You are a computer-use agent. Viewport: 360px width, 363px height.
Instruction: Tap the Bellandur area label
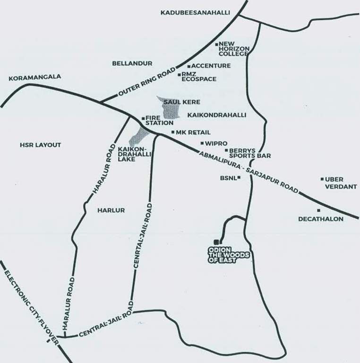[132, 63]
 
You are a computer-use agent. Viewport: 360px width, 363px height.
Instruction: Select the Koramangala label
[34, 77]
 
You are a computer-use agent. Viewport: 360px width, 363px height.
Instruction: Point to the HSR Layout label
[41, 145]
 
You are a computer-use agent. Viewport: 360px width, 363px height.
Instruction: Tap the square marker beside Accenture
[189, 66]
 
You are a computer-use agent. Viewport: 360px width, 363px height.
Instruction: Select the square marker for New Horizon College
[216, 44]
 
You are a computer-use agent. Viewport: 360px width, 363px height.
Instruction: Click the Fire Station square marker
[143, 118]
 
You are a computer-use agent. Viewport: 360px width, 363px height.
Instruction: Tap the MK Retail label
[193, 132]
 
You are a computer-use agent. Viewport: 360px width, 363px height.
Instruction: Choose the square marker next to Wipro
[202, 143]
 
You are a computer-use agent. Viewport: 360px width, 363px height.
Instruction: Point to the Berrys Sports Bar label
[249, 152]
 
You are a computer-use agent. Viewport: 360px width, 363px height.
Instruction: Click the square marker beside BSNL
[239, 178]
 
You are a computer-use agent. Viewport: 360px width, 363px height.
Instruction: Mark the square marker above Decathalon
[319, 210]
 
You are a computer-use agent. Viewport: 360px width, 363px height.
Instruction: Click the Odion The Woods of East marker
[216, 242]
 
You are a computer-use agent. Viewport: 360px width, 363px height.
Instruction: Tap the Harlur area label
[111, 210]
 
